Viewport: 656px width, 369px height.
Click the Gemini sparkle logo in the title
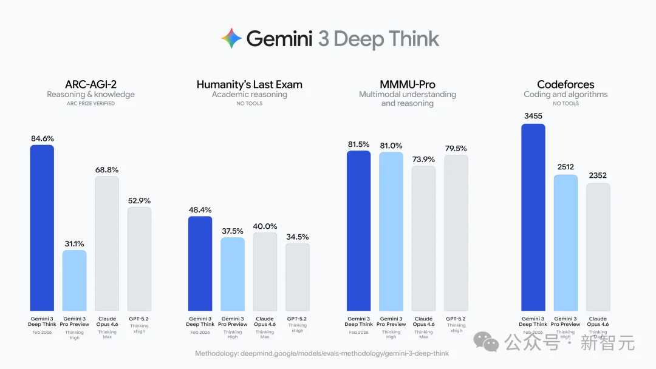coord(231,39)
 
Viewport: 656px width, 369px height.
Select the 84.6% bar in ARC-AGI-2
coord(42,228)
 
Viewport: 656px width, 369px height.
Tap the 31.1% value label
coord(74,243)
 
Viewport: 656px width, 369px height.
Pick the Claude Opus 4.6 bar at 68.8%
coord(107,243)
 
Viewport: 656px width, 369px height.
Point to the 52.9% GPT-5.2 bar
coord(139,259)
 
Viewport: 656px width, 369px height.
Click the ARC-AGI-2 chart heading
coord(91,84)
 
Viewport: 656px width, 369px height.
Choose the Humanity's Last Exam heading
coord(249,84)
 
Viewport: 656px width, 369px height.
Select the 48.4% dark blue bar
coord(200,263)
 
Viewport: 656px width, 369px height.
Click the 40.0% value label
coord(265,226)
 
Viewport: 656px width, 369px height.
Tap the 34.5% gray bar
coord(298,277)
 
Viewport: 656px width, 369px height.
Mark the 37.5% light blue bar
coord(233,274)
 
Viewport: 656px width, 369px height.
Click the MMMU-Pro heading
coord(407,84)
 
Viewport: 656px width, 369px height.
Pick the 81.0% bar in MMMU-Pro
coord(391,231)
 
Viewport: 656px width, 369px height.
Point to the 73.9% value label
coord(423,159)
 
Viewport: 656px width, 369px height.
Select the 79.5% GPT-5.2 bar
coord(456,232)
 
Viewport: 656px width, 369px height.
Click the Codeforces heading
coord(565,84)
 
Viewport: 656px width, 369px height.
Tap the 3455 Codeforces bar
coord(533,217)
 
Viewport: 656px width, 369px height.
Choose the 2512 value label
coord(565,168)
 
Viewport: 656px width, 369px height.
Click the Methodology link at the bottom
coord(322,353)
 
